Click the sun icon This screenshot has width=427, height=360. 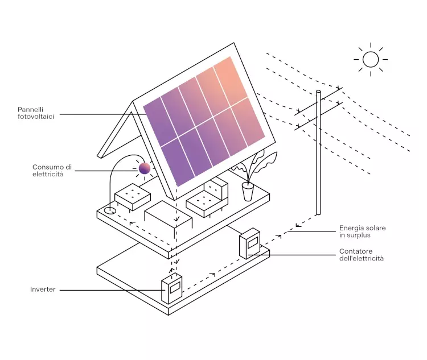[x=371, y=59]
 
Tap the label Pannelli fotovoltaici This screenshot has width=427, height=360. [x=36, y=113]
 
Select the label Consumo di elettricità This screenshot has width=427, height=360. [x=52, y=170]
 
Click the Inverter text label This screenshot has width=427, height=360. [x=43, y=289]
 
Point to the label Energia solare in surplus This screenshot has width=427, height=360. [x=362, y=231]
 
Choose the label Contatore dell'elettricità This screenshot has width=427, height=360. [x=361, y=255]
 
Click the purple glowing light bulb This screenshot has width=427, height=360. [x=145, y=168]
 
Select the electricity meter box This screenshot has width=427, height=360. [x=249, y=243]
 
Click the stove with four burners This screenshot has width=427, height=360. [x=133, y=196]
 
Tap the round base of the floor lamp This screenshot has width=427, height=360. [x=110, y=210]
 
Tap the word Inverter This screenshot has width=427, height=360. [x=43, y=289]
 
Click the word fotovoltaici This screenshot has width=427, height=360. [x=36, y=117]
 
